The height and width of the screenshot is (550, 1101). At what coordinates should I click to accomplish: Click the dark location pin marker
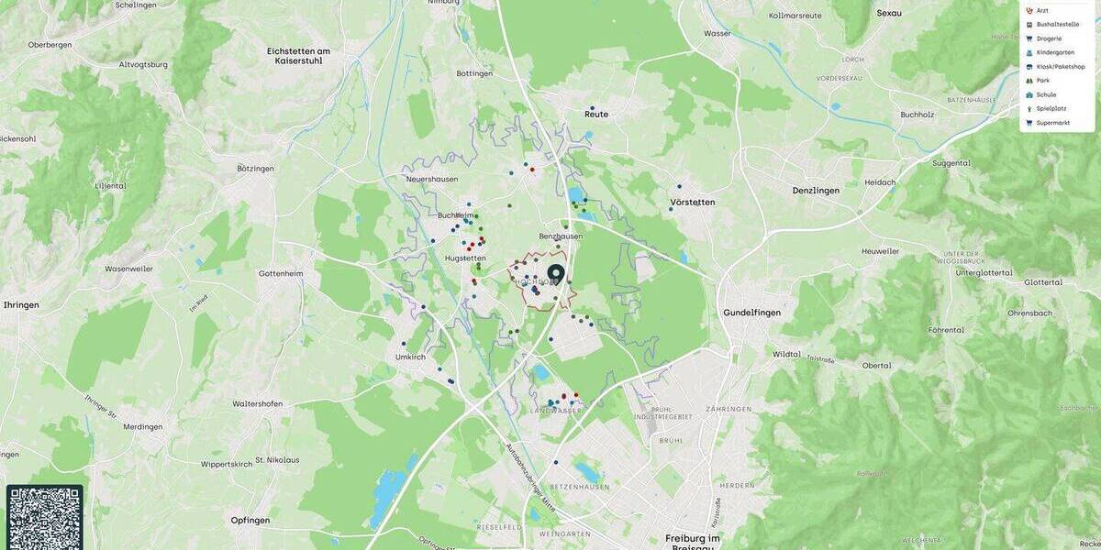click(555, 273)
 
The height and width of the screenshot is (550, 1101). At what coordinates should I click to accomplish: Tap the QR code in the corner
click(44, 518)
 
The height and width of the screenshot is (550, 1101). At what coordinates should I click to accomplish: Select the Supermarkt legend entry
click(1053, 123)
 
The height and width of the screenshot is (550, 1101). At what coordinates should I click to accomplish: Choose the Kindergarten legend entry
click(1055, 52)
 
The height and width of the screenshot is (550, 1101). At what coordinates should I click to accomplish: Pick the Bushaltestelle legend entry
click(1058, 25)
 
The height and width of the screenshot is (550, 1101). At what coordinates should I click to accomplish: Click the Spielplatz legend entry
click(1051, 108)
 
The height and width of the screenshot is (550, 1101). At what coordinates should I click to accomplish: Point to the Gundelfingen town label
click(751, 313)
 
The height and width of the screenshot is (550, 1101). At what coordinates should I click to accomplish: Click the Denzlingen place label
click(816, 191)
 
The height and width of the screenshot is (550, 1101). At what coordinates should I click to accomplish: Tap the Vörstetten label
click(692, 202)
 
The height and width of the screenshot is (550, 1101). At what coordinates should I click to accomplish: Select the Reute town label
click(596, 115)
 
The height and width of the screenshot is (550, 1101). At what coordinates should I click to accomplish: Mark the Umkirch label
click(410, 357)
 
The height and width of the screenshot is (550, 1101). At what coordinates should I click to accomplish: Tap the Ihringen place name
click(20, 304)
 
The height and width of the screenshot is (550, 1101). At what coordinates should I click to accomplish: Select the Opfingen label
click(250, 520)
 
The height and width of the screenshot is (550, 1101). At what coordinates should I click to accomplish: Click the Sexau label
click(889, 13)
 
